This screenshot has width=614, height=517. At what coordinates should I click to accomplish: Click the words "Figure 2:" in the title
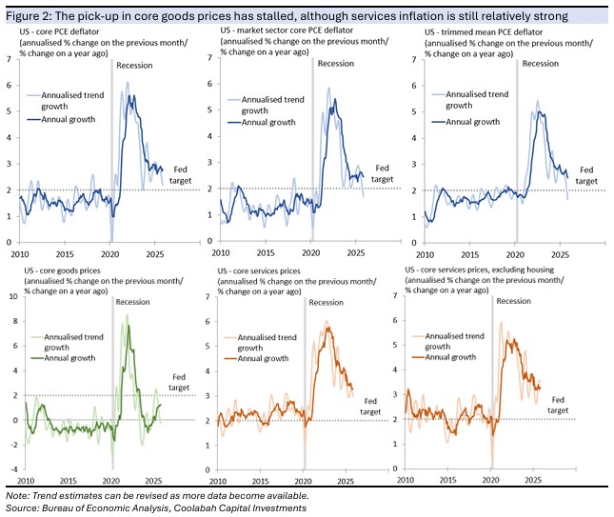pos(29,16)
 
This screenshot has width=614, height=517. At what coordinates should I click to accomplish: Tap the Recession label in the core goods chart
pos(132,302)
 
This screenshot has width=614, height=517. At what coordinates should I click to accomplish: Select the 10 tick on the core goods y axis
pos(13,296)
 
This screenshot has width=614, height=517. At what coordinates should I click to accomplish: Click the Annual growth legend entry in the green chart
pos(69,358)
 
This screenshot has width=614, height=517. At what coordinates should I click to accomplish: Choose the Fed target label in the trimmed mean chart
pos(586,175)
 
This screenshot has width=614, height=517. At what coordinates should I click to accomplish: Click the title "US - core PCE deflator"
pos(59,31)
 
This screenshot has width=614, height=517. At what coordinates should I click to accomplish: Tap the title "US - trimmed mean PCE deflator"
pos(484,32)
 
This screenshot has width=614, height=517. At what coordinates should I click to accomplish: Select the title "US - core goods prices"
pos(62,270)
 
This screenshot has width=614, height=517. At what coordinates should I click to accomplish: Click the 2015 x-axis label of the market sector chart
pos(266,252)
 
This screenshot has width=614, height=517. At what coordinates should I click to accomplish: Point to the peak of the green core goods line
pos(129,326)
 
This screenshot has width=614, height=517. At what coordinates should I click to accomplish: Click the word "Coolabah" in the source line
pos(191,508)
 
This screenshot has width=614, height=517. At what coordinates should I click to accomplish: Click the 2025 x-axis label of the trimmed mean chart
pos(560,255)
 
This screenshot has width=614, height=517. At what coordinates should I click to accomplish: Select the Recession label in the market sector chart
pos(336,64)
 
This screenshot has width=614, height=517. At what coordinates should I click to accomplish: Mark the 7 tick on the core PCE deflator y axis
pos(9,59)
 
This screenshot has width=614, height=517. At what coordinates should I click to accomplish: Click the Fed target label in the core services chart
pos(370,407)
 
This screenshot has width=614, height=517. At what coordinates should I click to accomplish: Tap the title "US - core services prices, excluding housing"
pos(479,269)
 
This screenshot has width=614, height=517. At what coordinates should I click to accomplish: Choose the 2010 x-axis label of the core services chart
pos(218,481)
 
